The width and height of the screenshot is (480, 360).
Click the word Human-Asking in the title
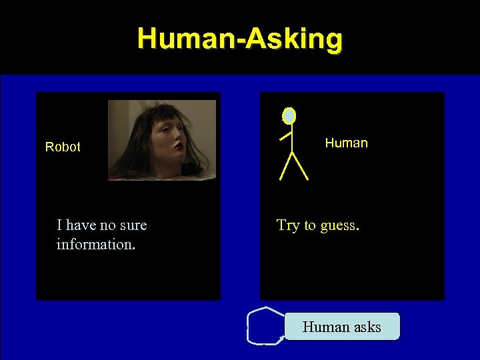tap(240, 39)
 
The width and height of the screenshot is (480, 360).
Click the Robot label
tap(63, 147)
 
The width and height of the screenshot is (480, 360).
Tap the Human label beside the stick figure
tap(346, 143)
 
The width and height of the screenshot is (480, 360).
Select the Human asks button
tap(342, 327)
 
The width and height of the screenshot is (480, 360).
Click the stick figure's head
tap(289, 116)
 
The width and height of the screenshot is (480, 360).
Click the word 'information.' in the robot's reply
tap(96, 244)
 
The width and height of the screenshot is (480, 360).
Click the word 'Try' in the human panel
tap(288, 225)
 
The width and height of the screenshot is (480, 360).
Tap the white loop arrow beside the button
tap(263, 325)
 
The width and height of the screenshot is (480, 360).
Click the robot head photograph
tap(162, 140)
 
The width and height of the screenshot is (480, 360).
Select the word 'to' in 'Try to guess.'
tap(310, 225)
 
